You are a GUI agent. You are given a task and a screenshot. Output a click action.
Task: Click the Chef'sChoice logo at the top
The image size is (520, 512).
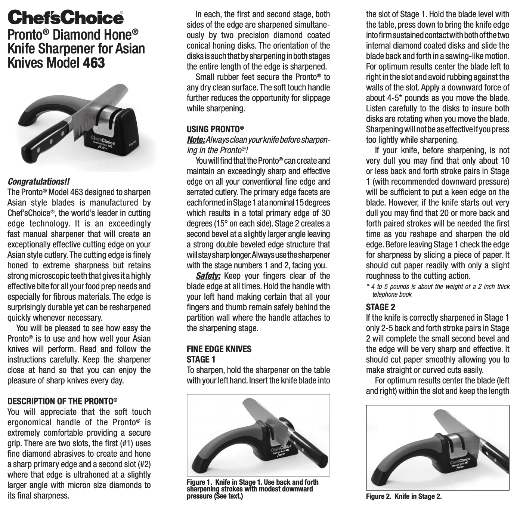coord(65,18)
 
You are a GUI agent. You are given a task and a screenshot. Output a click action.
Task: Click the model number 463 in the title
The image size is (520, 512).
coord(94,62)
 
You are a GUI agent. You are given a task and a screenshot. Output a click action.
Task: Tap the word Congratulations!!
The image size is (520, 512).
coord(38,182)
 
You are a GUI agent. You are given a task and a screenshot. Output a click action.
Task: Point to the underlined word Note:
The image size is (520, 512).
coord(196,140)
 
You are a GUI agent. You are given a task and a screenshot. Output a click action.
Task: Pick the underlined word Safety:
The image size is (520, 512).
coord(208,276)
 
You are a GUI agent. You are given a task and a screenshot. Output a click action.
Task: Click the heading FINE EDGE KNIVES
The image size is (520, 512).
coord(219,349)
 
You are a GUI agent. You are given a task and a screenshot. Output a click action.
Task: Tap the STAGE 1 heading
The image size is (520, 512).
coord(201,360)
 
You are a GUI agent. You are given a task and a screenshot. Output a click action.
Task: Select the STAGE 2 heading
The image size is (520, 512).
coord(380,307)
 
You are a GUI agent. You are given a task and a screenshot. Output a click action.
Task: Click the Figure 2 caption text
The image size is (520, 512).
coord(403,496)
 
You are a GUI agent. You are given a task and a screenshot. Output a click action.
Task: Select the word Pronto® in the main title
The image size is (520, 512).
coord(28,35)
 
